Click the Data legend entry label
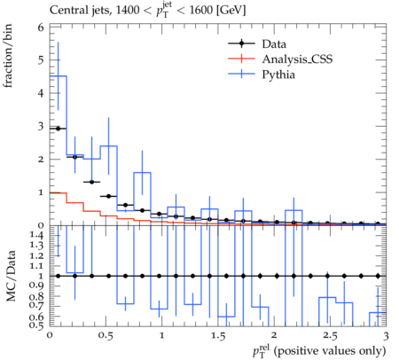point(274,44)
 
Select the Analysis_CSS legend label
point(297,59)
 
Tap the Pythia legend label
point(278,74)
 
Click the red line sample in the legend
point(241,59)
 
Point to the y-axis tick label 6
point(41,27)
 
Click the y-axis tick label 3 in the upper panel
point(41,126)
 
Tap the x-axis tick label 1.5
point(218,336)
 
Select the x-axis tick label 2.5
point(330,336)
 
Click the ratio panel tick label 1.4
point(36,235)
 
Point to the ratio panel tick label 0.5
point(36,325)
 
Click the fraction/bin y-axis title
point(7,56)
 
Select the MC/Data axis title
point(11,276)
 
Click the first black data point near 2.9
point(58,129)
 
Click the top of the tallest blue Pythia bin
point(59,76)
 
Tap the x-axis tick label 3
point(386,336)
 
